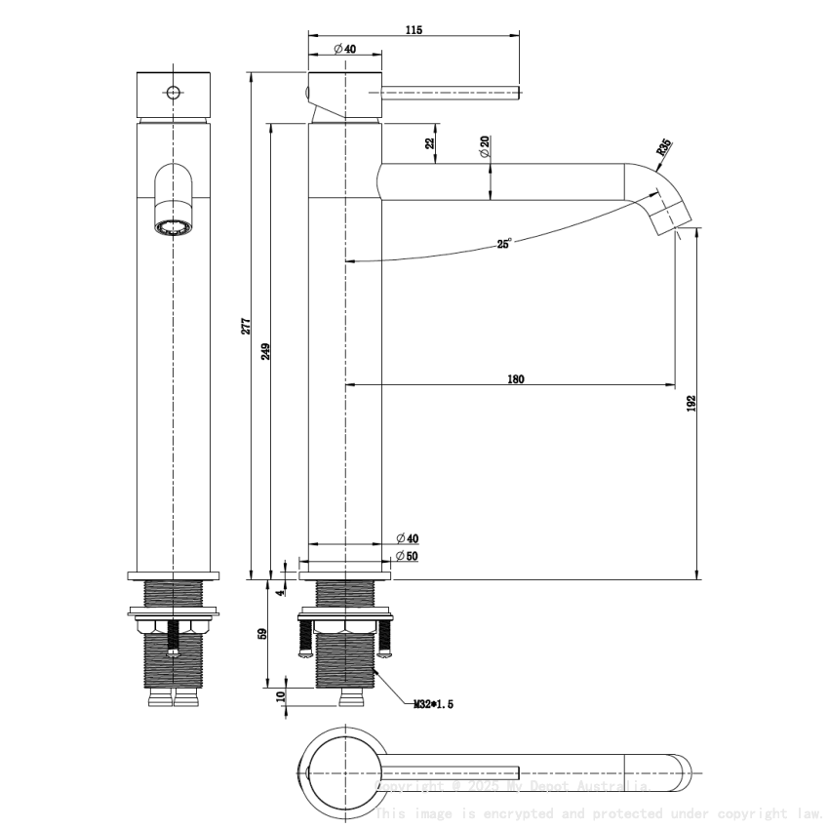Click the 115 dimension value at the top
click(413, 30)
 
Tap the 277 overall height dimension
click(247, 325)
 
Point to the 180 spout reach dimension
click(516, 379)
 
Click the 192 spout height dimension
click(691, 403)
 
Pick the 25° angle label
click(503, 244)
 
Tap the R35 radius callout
click(663, 148)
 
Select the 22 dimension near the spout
click(430, 142)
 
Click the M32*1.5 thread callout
click(433, 703)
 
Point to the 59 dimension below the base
click(262, 634)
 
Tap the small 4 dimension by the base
click(280, 590)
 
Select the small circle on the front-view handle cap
click(174, 94)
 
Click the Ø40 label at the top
click(343, 49)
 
